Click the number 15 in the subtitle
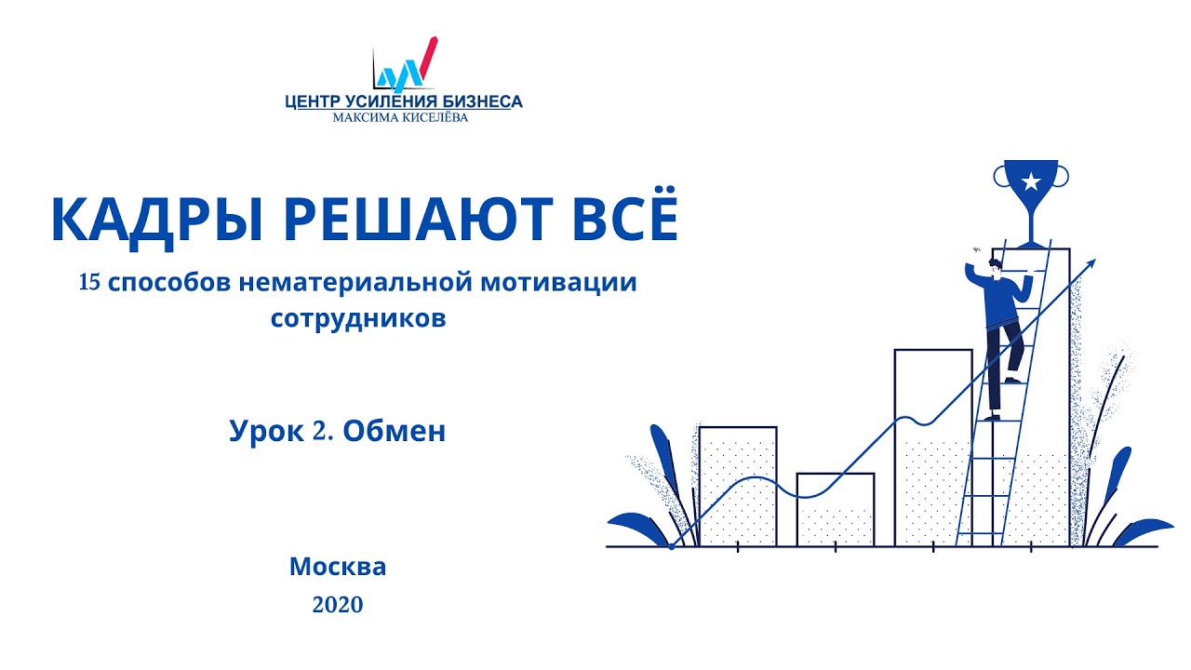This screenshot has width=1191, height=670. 90,283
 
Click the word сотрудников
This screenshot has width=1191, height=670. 358,318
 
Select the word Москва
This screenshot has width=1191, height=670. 338,566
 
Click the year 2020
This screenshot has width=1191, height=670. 338,605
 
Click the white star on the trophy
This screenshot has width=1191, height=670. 1031,181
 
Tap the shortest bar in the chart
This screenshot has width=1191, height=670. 836,509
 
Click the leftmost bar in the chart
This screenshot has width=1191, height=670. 737,486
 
